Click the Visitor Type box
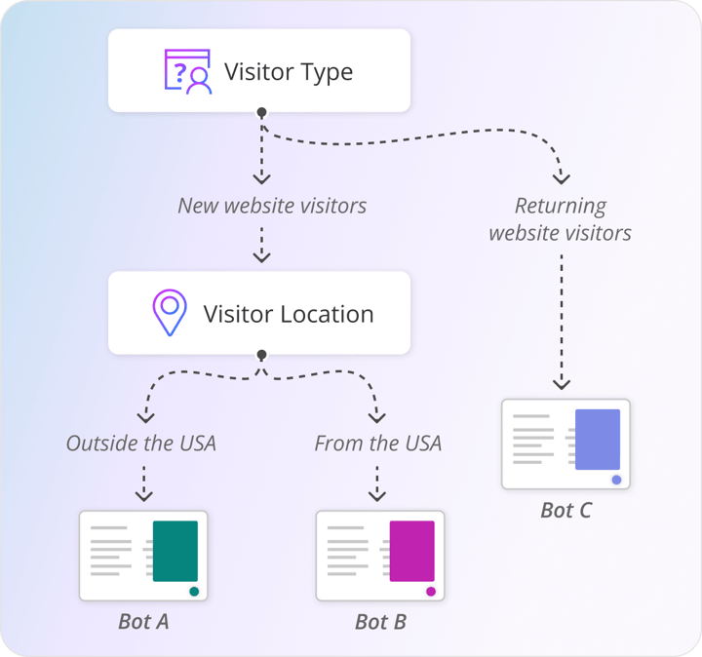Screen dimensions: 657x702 tap(259, 71)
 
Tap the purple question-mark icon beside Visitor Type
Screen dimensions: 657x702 tap(187, 71)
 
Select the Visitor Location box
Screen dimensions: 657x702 tap(259, 314)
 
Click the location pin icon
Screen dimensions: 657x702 tap(170, 313)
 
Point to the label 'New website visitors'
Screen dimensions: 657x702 tap(272, 206)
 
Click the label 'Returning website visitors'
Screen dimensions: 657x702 tap(561, 219)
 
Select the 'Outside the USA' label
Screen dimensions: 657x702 tap(141, 444)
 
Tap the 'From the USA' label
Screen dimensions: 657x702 tap(378, 444)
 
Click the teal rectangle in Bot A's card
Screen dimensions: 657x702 tap(175, 551)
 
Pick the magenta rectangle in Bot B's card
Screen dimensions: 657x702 tap(412, 551)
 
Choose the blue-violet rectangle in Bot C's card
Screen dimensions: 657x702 tap(598, 440)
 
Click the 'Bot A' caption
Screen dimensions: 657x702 tap(143, 621)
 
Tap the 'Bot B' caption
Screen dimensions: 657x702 tap(380, 621)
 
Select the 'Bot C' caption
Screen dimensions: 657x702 tap(566, 510)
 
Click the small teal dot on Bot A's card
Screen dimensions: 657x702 tap(194, 592)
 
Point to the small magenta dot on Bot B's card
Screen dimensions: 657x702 tap(431, 592)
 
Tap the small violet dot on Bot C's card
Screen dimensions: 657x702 tap(616, 480)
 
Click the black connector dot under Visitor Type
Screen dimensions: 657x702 tap(261, 113)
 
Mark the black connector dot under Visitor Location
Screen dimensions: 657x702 tap(261, 355)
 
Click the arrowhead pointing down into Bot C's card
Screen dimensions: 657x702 tap(562, 385)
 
